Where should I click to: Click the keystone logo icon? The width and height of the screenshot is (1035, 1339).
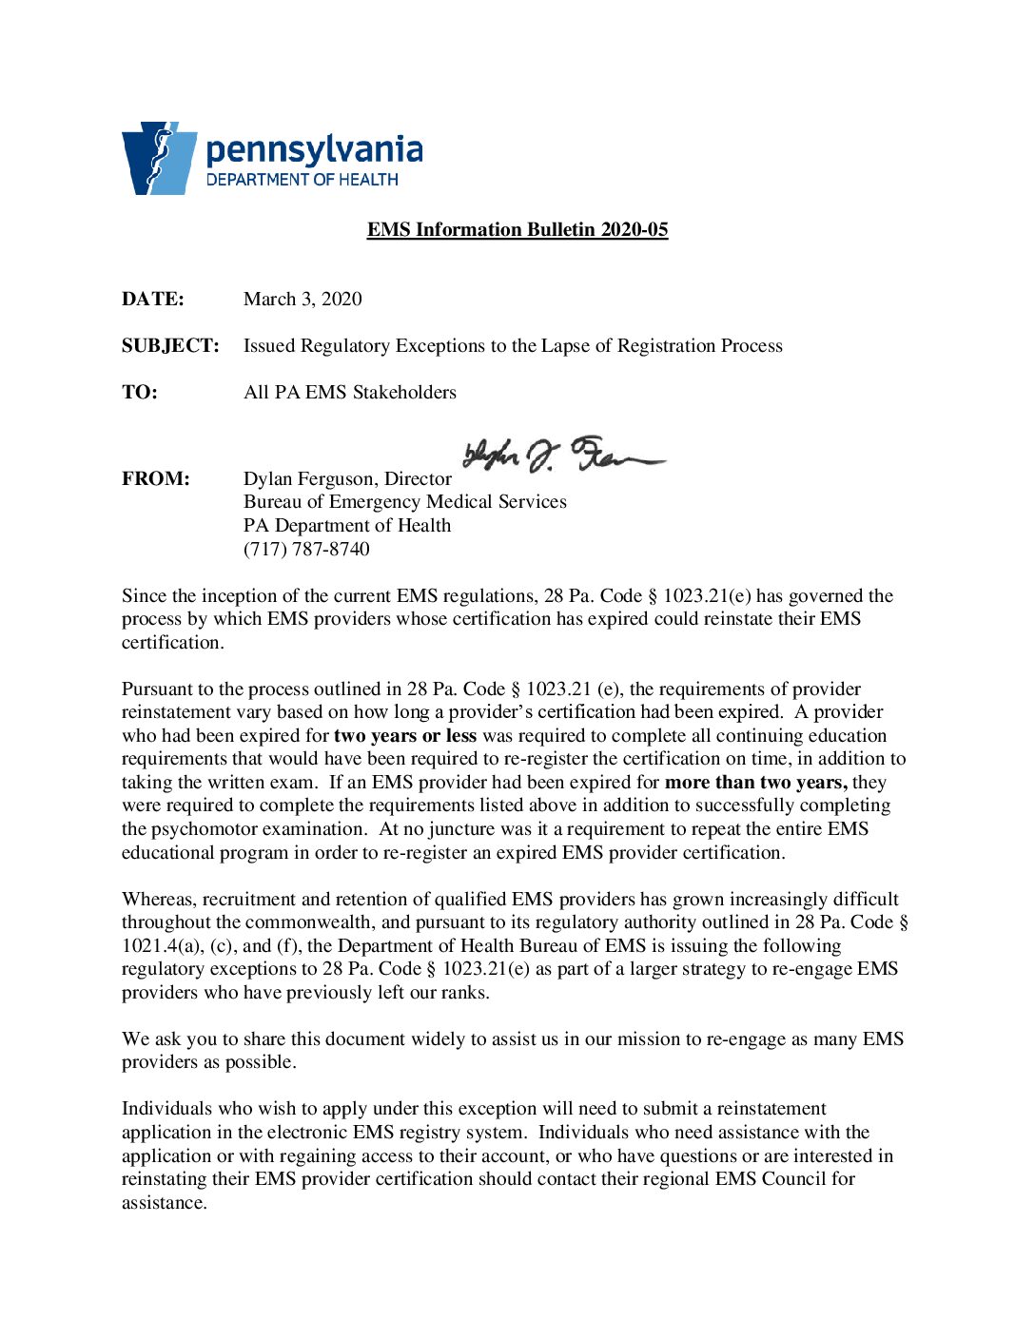click(158, 158)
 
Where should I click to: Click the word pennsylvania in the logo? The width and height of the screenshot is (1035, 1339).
click(314, 150)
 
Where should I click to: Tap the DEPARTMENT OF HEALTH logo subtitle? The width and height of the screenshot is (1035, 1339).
click(302, 180)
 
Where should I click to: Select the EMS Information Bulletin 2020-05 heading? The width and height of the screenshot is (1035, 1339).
click(517, 230)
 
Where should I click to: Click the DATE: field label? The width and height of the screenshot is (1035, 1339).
click(152, 300)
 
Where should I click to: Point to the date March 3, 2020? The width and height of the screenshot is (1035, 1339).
click(303, 300)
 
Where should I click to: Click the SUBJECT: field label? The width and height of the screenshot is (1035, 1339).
click(170, 346)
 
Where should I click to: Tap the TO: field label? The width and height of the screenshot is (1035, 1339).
click(139, 393)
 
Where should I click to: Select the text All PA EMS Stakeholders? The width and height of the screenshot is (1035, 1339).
click(349, 393)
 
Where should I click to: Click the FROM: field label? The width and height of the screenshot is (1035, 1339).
click(155, 479)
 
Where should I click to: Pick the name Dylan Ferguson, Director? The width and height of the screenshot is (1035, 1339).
click(347, 479)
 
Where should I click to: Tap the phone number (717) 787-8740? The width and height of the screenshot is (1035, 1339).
click(306, 550)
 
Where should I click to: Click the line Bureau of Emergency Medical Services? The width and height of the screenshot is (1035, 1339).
click(404, 502)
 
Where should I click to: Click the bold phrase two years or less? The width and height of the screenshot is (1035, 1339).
click(404, 736)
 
